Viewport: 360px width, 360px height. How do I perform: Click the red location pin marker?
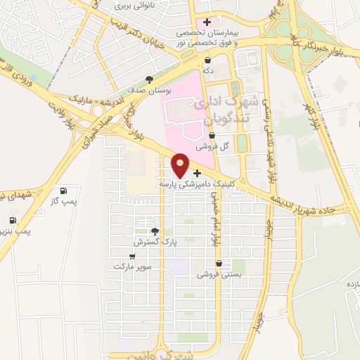click(181, 165)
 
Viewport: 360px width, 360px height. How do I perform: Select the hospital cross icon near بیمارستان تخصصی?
click(207, 22)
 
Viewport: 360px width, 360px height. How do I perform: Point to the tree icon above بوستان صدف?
click(149, 79)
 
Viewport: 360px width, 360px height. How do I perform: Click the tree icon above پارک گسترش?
click(155, 231)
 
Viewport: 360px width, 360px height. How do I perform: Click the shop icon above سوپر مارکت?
click(132, 257)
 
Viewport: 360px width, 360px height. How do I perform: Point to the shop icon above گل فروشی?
click(212, 136)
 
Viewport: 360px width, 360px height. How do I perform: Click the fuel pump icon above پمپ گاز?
click(64, 191)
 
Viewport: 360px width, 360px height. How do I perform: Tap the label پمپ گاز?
click(64, 201)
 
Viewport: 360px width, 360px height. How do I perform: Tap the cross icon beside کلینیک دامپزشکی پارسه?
click(197, 173)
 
